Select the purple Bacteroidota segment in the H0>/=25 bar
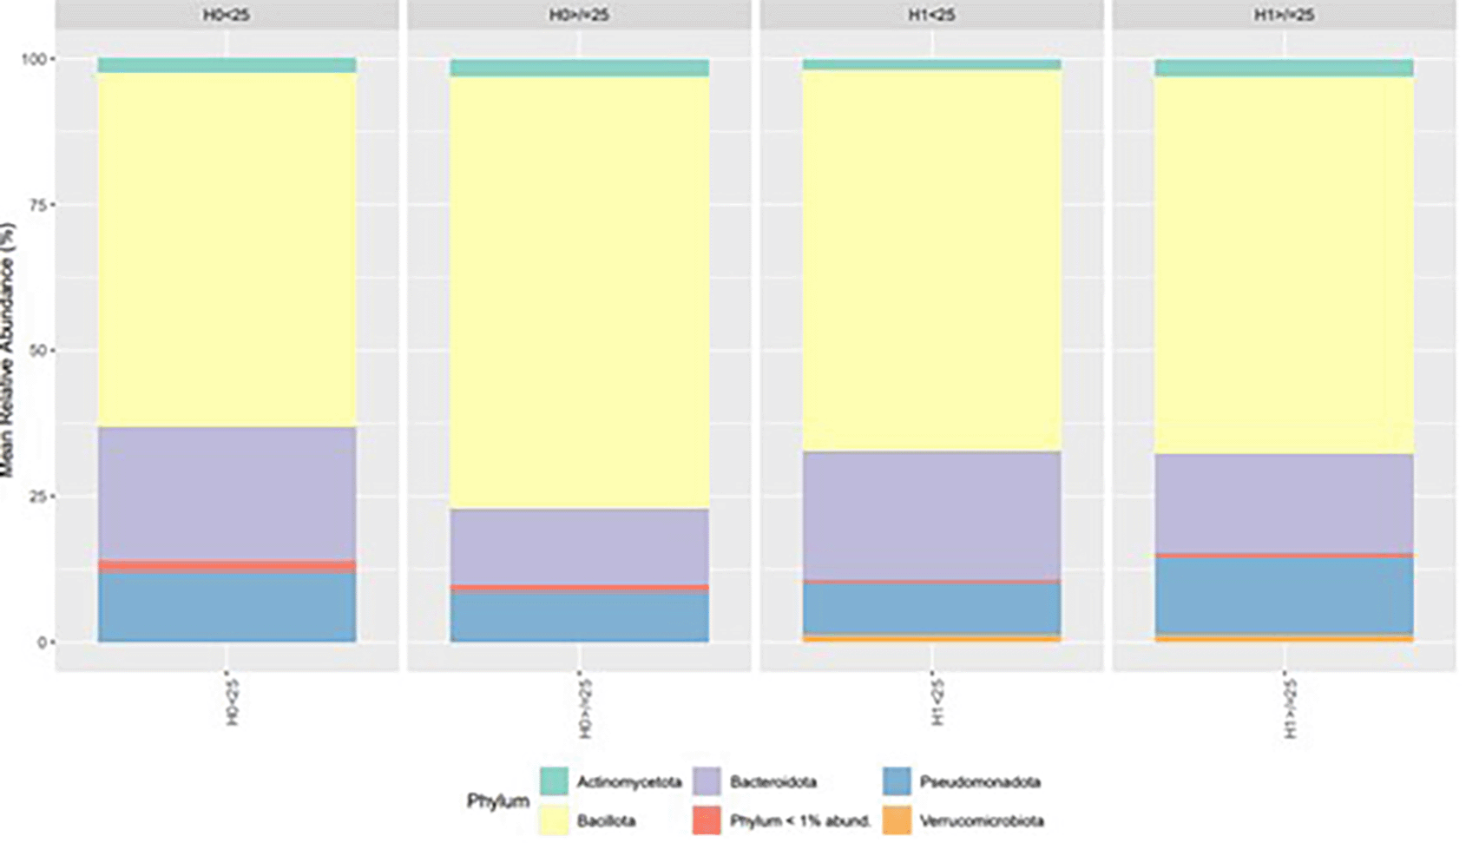point(579,547)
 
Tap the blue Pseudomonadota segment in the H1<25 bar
point(931,608)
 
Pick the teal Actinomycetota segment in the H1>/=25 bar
point(1284,68)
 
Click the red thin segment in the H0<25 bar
point(227,565)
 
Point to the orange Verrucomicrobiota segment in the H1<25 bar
point(931,638)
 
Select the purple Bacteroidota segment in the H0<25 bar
point(227,493)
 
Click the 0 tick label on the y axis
point(43,642)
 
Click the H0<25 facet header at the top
point(227,15)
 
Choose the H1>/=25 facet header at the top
point(1284,15)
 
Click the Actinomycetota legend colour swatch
point(554,781)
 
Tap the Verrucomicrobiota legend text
point(981,820)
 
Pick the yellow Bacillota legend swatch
point(554,820)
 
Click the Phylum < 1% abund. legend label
point(799,820)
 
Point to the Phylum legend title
point(497,800)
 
